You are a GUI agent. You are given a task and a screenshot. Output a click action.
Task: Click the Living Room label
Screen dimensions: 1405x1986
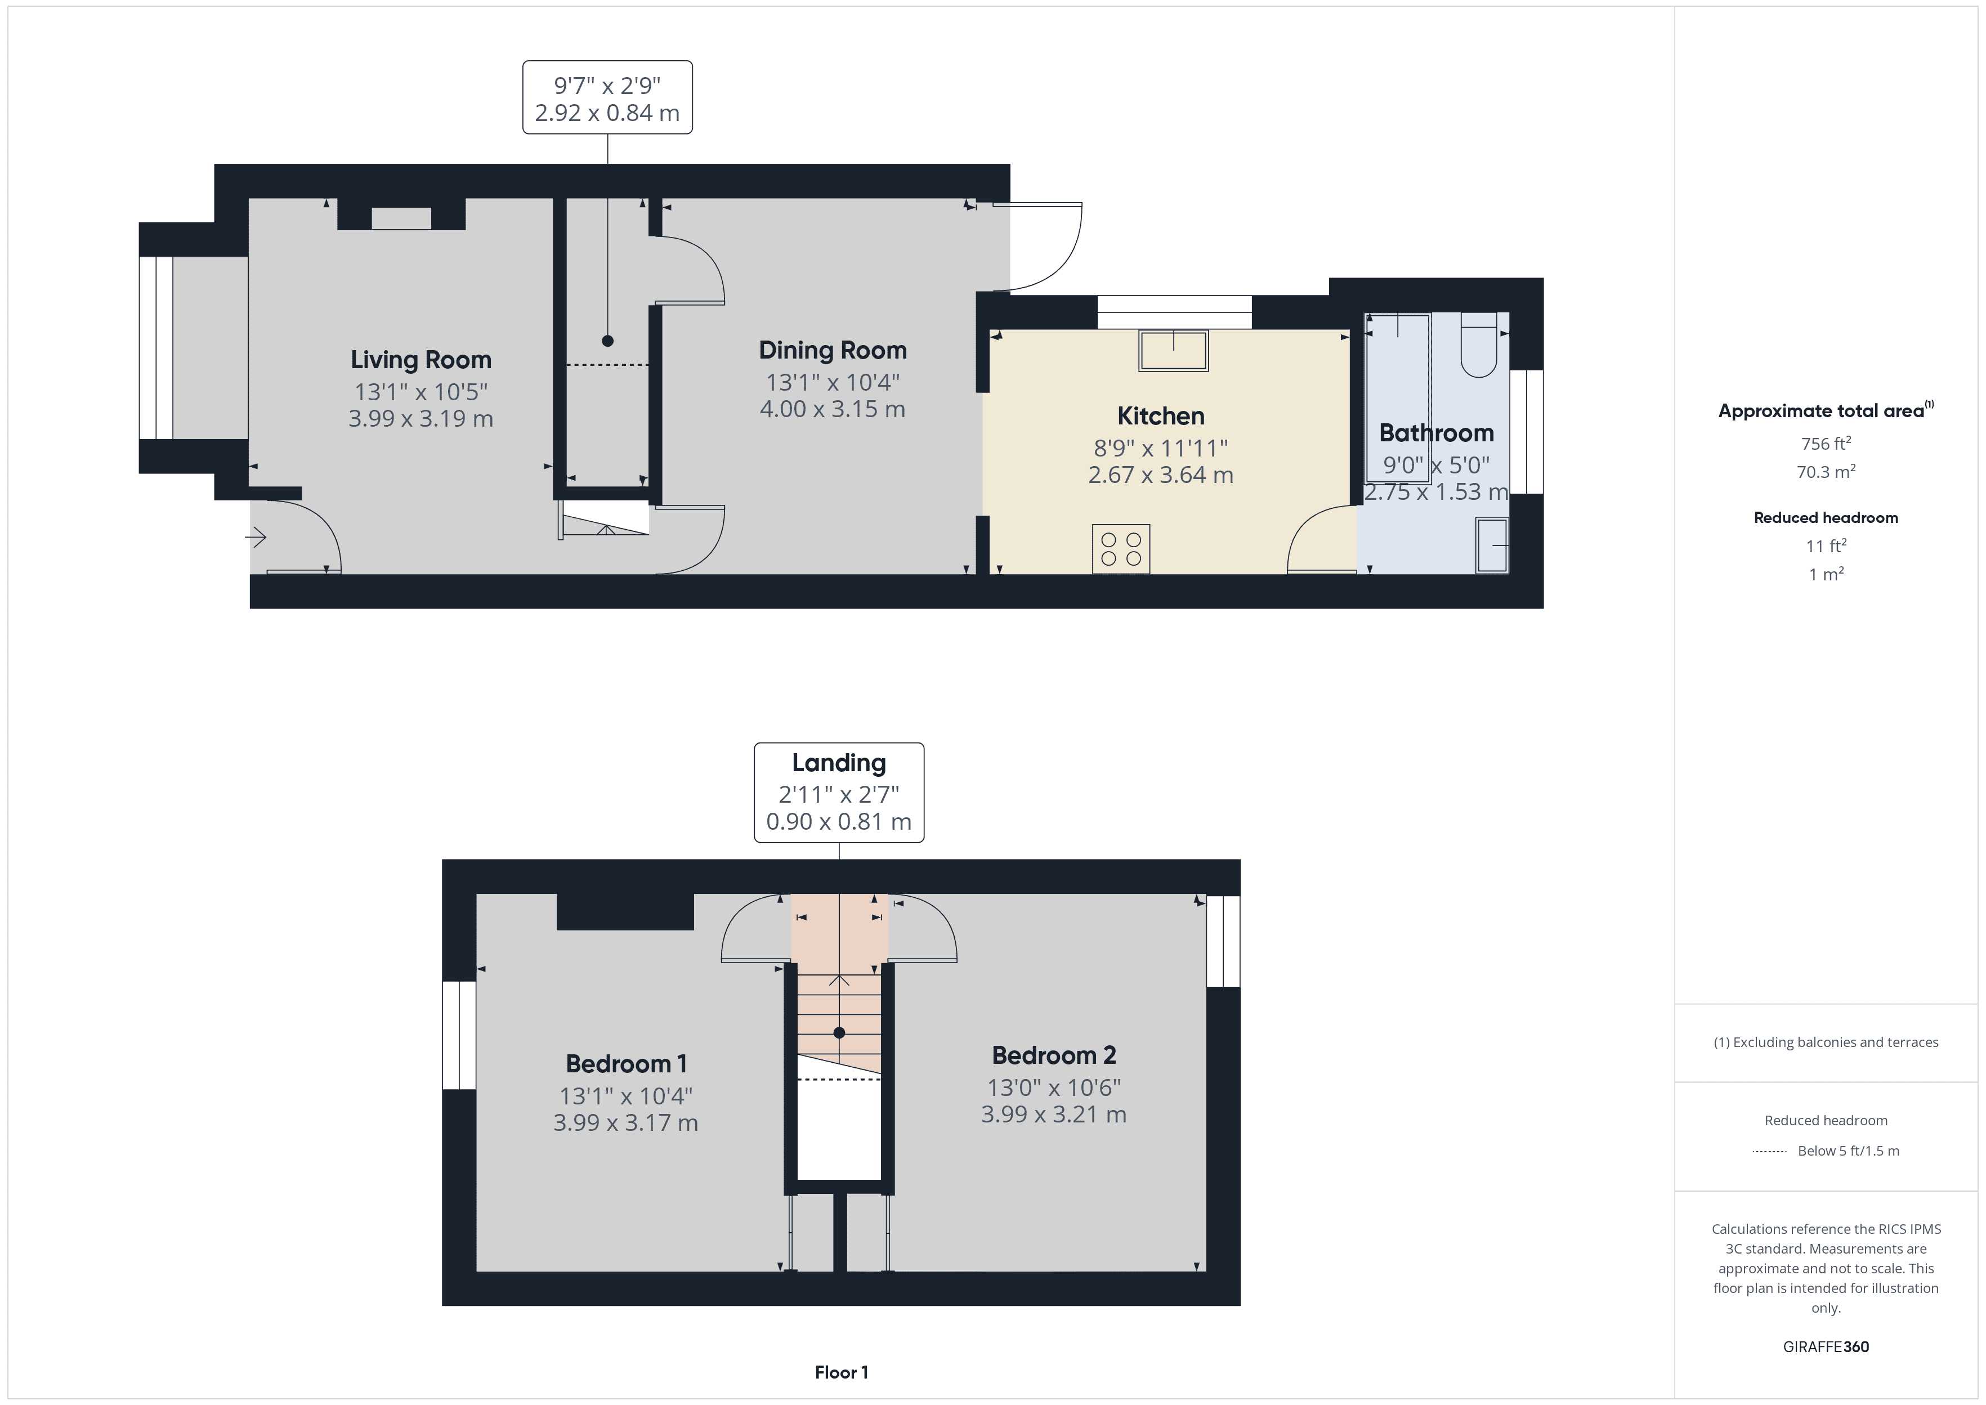tap(421, 359)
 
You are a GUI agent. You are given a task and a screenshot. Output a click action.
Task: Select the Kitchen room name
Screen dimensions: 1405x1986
tap(1160, 415)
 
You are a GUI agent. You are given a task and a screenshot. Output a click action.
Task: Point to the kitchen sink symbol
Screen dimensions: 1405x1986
tap(1173, 350)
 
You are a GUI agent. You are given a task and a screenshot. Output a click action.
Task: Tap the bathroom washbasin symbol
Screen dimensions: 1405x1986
tap(1492, 545)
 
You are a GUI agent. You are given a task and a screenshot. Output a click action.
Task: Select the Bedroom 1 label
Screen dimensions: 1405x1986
tap(625, 1063)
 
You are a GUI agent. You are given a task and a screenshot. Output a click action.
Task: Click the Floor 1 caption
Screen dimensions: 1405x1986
tap(841, 1372)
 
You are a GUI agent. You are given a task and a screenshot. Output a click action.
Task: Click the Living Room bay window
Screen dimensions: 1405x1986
tap(156, 348)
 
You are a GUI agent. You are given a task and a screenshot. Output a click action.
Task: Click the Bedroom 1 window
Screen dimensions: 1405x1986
tap(458, 1035)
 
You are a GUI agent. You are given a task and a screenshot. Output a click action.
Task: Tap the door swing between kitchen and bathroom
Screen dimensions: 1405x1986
tap(1320, 541)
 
